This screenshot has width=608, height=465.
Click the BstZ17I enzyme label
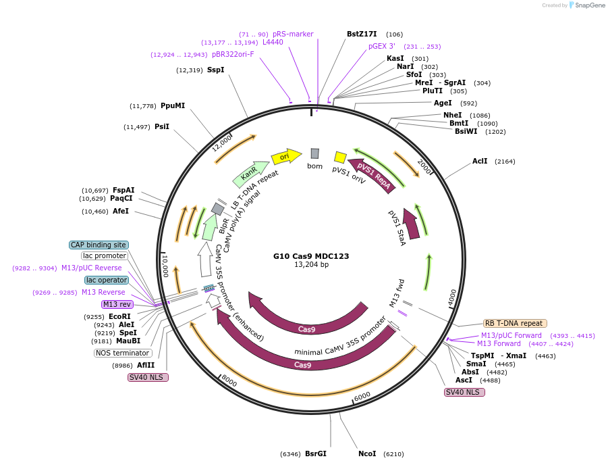pyautogui.click(x=362, y=34)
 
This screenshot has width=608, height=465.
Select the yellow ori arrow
pyautogui.click(x=285, y=157)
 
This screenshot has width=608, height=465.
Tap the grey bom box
pyautogui.click(x=314, y=153)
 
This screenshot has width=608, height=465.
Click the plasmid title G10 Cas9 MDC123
pyautogui.click(x=311, y=256)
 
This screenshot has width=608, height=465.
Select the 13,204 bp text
pyautogui.click(x=311, y=265)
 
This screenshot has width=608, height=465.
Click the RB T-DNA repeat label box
pyautogui.click(x=515, y=323)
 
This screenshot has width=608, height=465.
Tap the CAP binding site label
pyautogui.click(x=99, y=245)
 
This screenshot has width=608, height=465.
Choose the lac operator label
pyautogui.click(x=106, y=280)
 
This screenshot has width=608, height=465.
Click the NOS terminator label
pyautogui.click(x=123, y=353)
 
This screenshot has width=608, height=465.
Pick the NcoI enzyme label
pyautogui.click(x=367, y=454)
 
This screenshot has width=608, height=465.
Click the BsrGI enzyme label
pyautogui.click(x=316, y=454)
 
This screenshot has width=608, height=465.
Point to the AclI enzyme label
pyautogui.click(x=480, y=162)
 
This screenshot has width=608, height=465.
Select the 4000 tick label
pyautogui.click(x=452, y=295)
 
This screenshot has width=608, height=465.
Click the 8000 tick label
pyautogui.click(x=229, y=382)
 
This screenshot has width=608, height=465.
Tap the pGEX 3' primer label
pyautogui.click(x=381, y=47)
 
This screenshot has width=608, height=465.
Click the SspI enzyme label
pyautogui.click(x=215, y=70)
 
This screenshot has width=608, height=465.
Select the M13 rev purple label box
pyautogui.click(x=117, y=304)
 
